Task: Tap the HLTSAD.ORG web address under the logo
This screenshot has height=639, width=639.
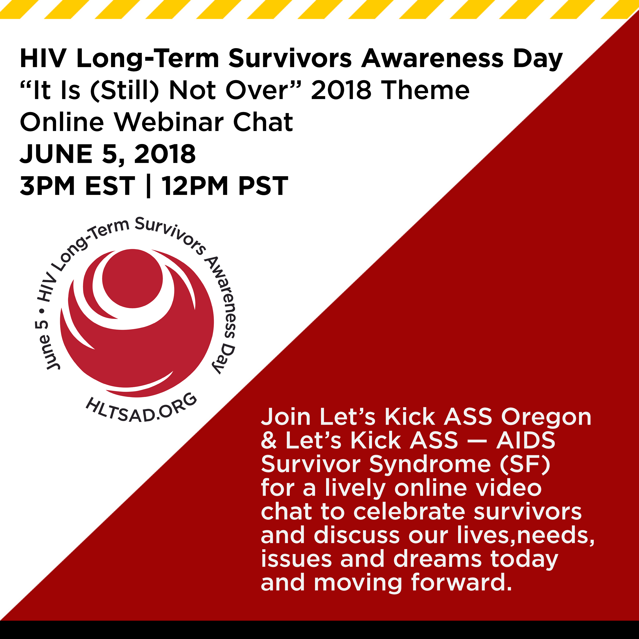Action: pos(142,408)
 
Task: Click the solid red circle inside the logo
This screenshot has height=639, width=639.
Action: pos(132,278)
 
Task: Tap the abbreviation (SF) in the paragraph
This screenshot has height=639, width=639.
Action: pos(525,464)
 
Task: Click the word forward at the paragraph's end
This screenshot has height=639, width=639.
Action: pos(462,582)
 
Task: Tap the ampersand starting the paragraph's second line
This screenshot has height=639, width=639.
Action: pos(269,441)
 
